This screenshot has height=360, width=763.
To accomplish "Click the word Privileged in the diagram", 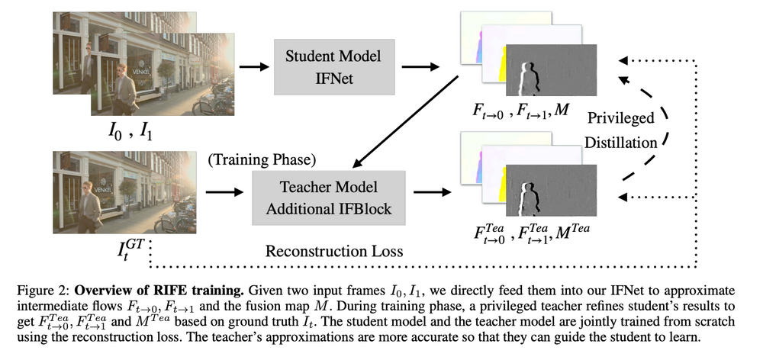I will click(x=620, y=119).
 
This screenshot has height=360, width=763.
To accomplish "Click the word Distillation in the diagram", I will click(x=620, y=141).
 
